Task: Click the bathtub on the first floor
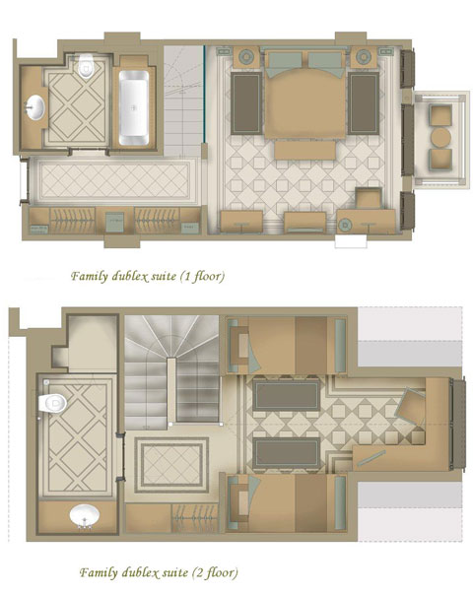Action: coord(134,107)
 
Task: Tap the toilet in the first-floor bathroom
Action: coord(86,65)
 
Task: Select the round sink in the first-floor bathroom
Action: coord(34,107)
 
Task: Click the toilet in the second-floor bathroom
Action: coord(52,403)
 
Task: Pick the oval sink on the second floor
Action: coord(85,515)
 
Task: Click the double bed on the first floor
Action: coord(305,93)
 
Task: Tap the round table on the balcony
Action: coord(440,137)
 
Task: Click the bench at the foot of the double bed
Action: coord(305,150)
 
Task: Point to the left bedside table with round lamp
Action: coord(246,57)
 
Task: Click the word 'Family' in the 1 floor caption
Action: coord(90,276)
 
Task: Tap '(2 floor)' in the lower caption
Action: coord(215,572)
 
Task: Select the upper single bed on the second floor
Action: coord(287,346)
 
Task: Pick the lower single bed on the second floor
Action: coord(287,502)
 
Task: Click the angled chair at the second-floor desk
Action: coord(410,405)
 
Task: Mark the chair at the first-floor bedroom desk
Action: coord(369,198)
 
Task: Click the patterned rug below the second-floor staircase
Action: coord(171,465)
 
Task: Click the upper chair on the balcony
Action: coord(440,115)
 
